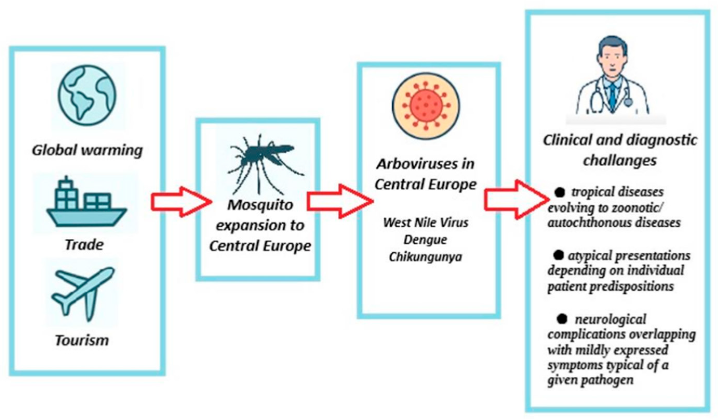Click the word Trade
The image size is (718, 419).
pos(84,245)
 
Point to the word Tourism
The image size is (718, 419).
pos(82,340)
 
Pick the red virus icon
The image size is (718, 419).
pos(426,105)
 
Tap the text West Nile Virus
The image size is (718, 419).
pos(426,222)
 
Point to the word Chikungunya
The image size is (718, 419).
pos(425,257)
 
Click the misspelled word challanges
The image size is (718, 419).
pos(620,161)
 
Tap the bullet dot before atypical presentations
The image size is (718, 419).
pos(559,255)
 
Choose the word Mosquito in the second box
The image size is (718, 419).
pos(260,205)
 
